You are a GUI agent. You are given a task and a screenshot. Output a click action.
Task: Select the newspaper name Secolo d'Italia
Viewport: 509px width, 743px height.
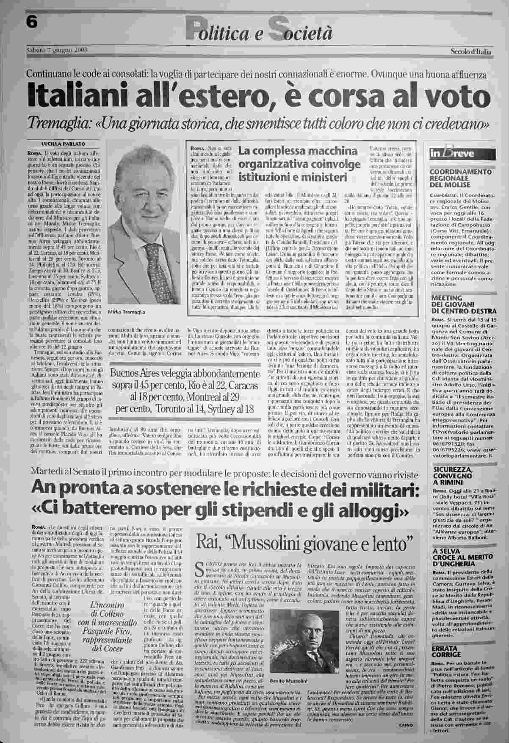pyautogui.click(x=470, y=52)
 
